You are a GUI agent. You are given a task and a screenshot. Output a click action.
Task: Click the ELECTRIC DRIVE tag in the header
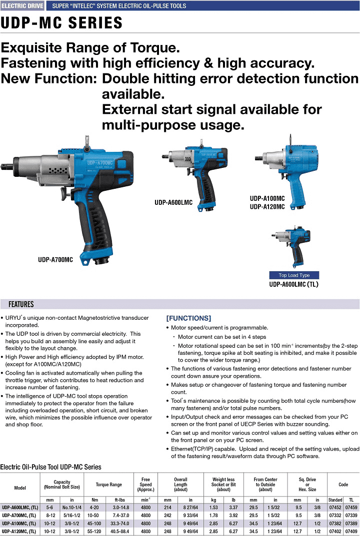(x=22, y=6)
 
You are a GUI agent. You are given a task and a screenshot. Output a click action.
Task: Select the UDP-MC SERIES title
(x=61, y=23)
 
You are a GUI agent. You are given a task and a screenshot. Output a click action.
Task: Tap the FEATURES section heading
(x=21, y=304)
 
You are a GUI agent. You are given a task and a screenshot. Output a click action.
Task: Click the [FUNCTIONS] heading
(x=188, y=318)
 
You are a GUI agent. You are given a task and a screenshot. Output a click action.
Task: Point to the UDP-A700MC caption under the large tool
(x=55, y=260)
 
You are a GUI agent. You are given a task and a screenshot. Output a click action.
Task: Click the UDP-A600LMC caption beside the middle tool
(x=173, y=202)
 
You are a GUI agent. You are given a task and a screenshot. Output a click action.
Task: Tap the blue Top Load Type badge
(x=294, y=275)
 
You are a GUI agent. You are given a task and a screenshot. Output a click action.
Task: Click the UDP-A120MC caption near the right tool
(x=267, y=207)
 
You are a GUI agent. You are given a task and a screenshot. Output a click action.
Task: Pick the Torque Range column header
(x=109, y=485)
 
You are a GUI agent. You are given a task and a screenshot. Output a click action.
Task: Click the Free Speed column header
(x=146, y=485)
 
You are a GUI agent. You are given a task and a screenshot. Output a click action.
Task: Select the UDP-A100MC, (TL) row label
(x=19, y=524)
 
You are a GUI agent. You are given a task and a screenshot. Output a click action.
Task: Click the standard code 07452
(x=335, y=508)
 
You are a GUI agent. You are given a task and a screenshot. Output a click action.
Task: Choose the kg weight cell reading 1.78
(x=213, y=516)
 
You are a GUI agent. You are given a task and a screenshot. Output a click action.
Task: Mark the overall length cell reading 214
(x=167, y=508)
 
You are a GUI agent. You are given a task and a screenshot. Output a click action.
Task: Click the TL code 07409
(x=351, y=532)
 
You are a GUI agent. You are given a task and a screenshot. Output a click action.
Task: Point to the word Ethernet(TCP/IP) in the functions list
(x=193, y=449)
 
